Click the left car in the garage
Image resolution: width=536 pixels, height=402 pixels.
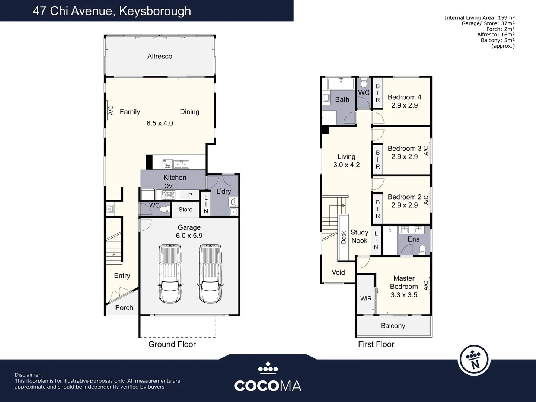pyautogui.click(x=170, y=274)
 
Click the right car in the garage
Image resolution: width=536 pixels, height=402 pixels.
pyautogui.click(x=210, y=274)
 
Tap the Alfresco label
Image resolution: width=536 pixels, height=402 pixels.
pyautogui.click(x=160, y=56)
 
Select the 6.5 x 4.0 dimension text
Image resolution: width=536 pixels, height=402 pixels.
pyautogui.click(x=160, y=123)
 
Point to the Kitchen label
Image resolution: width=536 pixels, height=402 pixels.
pyautogui.click(x=175, y=178)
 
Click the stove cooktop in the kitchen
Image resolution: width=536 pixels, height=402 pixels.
pyautogui.click(x=168, y=194)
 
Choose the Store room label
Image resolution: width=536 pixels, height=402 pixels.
pyautogui.click(x=185, y=210)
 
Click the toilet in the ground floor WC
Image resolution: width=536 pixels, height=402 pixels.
pyautogui.click(x=164, y=210)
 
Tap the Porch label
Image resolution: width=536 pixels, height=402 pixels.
pyautogui.click(x=124, y=308)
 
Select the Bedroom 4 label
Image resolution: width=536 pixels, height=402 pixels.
pyautogui.click(x=404, y=97)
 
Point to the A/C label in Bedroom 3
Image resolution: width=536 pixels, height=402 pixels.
pyautogui.click(x=426, y=150)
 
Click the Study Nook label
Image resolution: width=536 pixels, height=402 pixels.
pyautogui.click(x=359, y=236)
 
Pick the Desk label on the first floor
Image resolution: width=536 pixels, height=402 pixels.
pyautogui.click(x=344, y=237)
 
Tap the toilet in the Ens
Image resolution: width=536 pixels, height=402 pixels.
pyautogui.click(x=422, y=249)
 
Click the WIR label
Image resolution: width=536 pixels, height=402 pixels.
pyautogui.click(x=366, y=299)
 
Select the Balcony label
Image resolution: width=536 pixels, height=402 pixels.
pyautogui.click(x=393, y=326)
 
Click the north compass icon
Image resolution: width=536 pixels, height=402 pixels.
pyautogui.click(x=474, y=360)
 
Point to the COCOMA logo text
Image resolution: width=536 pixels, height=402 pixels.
pyautogui.click(x=268, y=386)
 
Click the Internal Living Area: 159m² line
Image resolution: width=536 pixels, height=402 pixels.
pyautogui.click(x=479, y=17)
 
